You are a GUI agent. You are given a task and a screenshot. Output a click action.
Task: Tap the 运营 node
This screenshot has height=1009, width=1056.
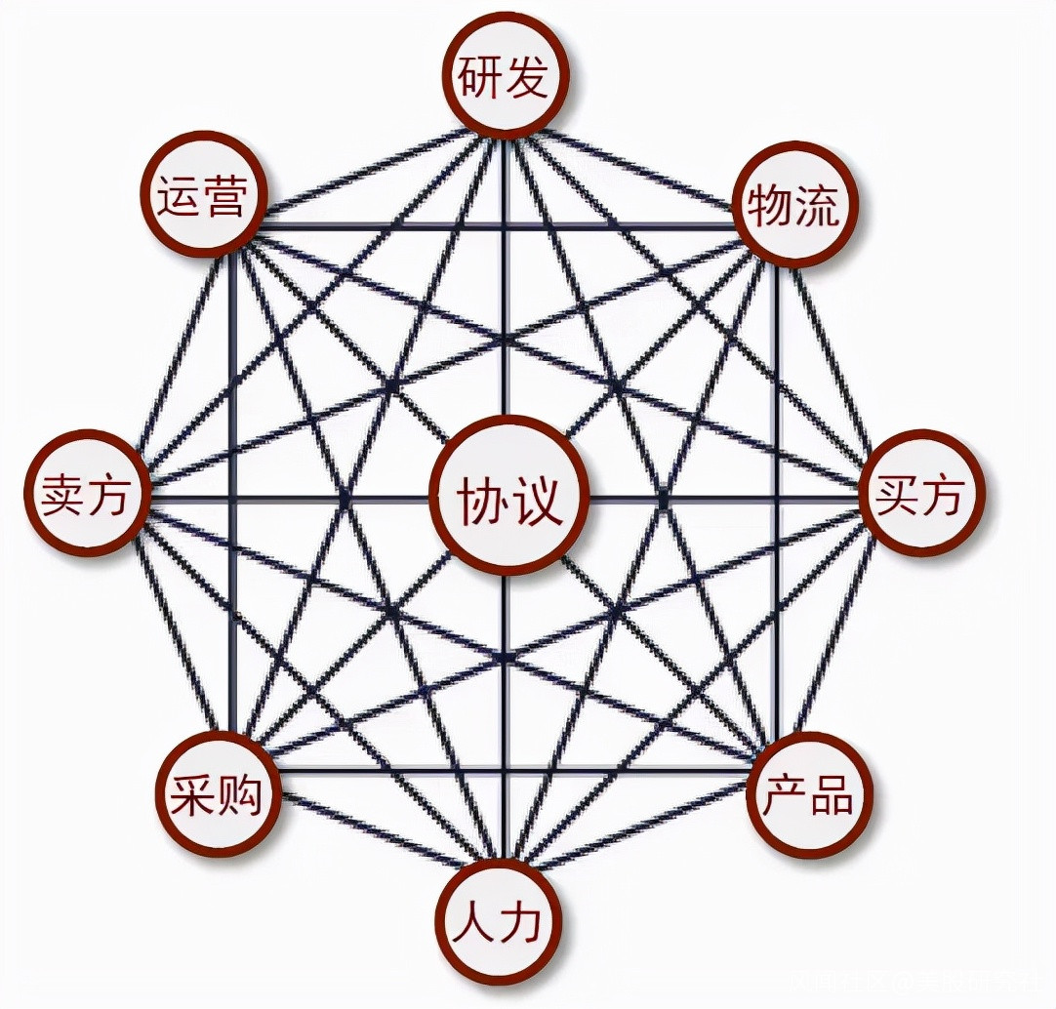[x=202, y=194]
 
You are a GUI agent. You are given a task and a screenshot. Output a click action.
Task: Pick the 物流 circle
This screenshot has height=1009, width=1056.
[x=794, y=204]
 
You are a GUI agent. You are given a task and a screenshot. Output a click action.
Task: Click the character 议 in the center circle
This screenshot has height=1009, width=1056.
[x=537, y=499]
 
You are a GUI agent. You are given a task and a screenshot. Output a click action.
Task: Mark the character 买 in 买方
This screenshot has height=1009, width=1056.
[x=897, y=496]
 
